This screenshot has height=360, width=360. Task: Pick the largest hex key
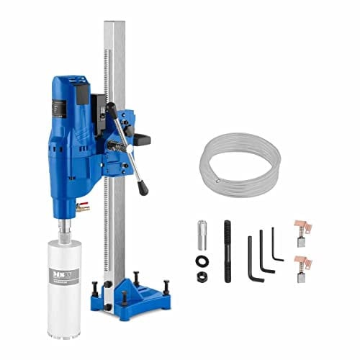click(253, 256)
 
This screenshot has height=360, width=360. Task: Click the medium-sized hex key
click(265, 252)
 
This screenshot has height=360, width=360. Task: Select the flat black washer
click(201, 260)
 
